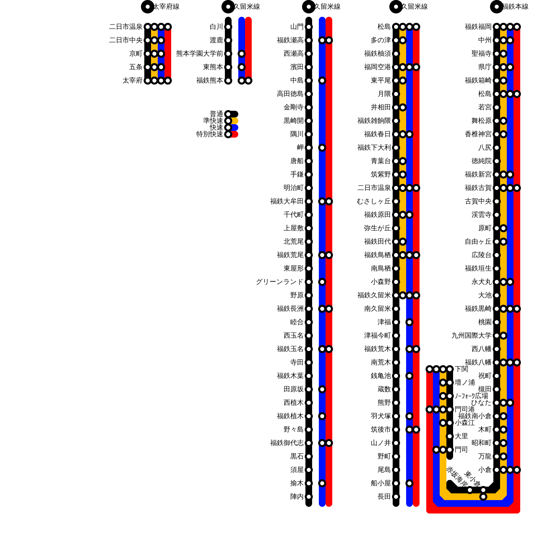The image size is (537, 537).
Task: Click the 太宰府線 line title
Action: [x=166, y=7]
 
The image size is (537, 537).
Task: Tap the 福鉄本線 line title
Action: [x=516, y=7]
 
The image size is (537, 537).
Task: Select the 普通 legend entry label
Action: [x=216, y=114]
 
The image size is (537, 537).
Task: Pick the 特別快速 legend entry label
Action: [x=209, y=134]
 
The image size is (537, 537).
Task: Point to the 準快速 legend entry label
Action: [x=213, y=121]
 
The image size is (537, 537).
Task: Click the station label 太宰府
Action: [x=132, y=81]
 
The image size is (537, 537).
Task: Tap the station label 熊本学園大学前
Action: [x=199, y=54]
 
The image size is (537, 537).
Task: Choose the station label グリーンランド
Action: [x=279, y=282]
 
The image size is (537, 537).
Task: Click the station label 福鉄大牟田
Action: [x=287, y=201]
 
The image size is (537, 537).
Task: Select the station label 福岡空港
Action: [x=377, y=67]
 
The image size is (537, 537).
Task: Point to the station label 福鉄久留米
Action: [x=374, y=295]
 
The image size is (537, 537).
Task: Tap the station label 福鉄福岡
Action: [x=478, y=27]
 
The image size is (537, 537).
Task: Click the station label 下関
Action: [x=461, y=369]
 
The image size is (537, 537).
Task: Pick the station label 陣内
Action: [x=297, y=497]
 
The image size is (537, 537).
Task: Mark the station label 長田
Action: [x=384, y=497]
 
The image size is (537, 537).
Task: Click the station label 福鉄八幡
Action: [x=478, y=362]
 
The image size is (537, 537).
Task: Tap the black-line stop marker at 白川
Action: [x=228, y=27]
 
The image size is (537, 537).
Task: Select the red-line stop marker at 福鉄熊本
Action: [x=248, y=81]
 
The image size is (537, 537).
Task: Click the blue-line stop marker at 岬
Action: [x=322, y=148]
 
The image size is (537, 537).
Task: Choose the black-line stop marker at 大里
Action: [x=450, y=436]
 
